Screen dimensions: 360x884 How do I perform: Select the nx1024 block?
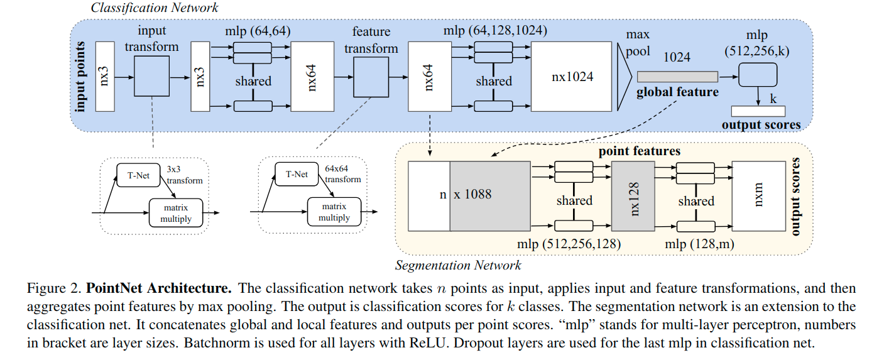pos(570,77)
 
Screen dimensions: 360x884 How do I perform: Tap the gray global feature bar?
pos(677,77)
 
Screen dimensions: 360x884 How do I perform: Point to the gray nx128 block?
pos(634,195)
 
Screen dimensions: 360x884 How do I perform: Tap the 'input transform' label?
pos(151,39)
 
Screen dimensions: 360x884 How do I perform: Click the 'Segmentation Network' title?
pos(458,265)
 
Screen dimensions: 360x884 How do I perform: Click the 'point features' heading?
pos(638,151)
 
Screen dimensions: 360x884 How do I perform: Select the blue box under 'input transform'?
pos(151,76)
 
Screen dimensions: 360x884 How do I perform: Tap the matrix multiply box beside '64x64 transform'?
pos(334,212)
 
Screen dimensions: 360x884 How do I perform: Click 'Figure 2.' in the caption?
pos(55,290)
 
